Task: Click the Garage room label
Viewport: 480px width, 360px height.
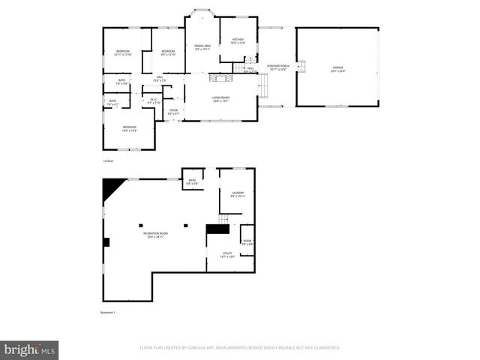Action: click(338, 67)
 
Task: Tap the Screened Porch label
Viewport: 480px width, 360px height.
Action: click(277, 67)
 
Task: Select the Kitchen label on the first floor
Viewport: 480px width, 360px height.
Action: click(238, 40)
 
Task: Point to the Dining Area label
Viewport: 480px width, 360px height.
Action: click(202, 47)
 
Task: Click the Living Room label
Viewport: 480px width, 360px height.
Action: click(220, 99)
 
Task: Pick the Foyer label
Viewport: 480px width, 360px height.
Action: click(173, 111)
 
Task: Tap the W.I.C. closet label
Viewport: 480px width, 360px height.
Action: click(153, 100)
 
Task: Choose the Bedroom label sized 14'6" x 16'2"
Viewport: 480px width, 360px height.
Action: click(130, 128)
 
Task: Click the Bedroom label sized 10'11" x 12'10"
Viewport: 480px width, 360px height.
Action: click(122, 52)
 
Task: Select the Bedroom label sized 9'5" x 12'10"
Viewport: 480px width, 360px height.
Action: click(168, 52)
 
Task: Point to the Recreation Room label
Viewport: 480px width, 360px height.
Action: click(156, 235)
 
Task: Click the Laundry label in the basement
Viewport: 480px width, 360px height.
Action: click(238, 194)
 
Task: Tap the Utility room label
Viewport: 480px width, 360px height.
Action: click(227, 255)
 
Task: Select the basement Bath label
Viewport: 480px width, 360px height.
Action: click(192, 181)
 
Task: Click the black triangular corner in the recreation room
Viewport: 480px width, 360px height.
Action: click(112, 186)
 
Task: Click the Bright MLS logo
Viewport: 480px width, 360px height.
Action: click(28, 349)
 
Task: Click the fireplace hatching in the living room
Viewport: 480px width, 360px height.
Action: click(218, 78)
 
